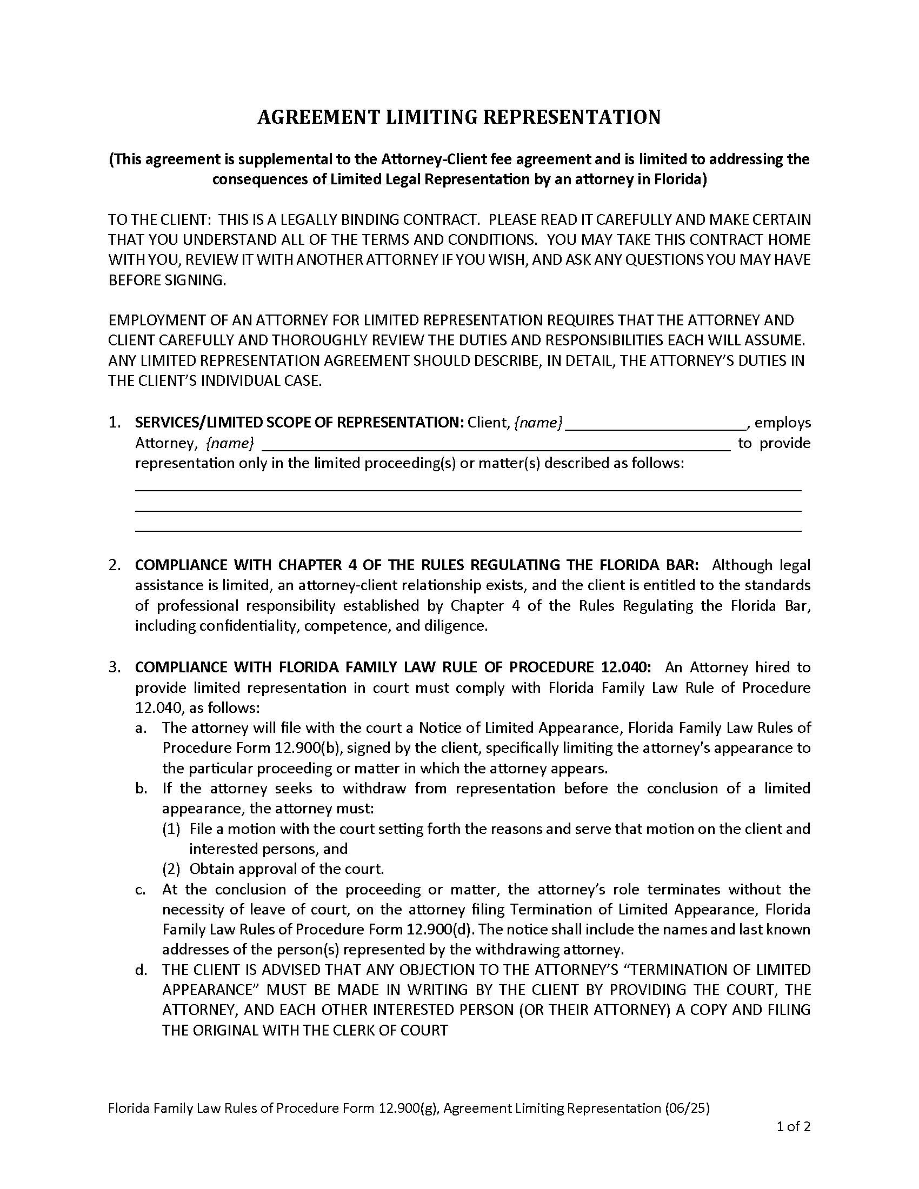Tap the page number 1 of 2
(x=794, y=1126)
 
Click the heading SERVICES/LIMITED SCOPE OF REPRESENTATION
(x=299, y=423)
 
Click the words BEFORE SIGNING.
(x=167, y=280)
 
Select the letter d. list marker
(x=141, y=970)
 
